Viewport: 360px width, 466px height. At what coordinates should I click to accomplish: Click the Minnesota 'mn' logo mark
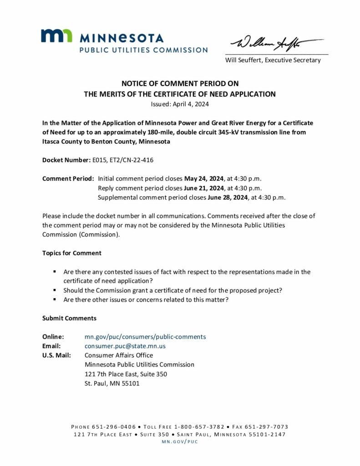pos(56,36)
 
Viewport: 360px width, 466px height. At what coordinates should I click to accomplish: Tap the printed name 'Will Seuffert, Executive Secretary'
pos(273,60)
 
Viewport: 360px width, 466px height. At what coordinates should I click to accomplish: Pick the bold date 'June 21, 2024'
pos(204,188)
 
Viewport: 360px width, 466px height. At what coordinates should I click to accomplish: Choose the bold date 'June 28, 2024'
pos(228,197)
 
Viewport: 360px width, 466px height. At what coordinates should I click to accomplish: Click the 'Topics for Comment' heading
pos(72,253)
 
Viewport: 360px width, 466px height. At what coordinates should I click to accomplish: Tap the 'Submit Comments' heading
pos(69,318)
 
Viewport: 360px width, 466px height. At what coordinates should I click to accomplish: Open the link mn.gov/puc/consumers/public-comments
pos(145,337)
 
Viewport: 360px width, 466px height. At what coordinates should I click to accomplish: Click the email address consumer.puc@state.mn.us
pos(125,346)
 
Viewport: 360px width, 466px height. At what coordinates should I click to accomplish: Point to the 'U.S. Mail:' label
pos(56,355)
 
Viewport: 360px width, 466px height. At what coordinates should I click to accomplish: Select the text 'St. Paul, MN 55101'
pos(112,383)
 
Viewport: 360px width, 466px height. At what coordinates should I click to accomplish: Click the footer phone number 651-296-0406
pos(114,427)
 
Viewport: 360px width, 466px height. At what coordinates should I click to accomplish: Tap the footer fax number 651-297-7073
pos(269,427)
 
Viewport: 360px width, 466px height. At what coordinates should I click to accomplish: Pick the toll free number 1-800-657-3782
pos(199,427)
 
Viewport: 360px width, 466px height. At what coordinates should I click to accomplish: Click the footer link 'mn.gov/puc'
pos(180,442)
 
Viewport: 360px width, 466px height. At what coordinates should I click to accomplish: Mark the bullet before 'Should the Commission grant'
pos(55,290)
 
